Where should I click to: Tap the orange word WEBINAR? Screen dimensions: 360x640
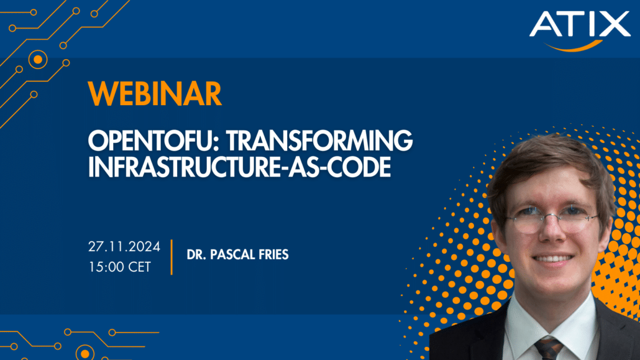155,94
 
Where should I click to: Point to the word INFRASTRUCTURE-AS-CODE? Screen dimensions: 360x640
239,167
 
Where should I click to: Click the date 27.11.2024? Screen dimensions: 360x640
124,247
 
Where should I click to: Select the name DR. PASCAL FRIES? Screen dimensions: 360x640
238,256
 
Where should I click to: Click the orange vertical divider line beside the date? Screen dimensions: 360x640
171,256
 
